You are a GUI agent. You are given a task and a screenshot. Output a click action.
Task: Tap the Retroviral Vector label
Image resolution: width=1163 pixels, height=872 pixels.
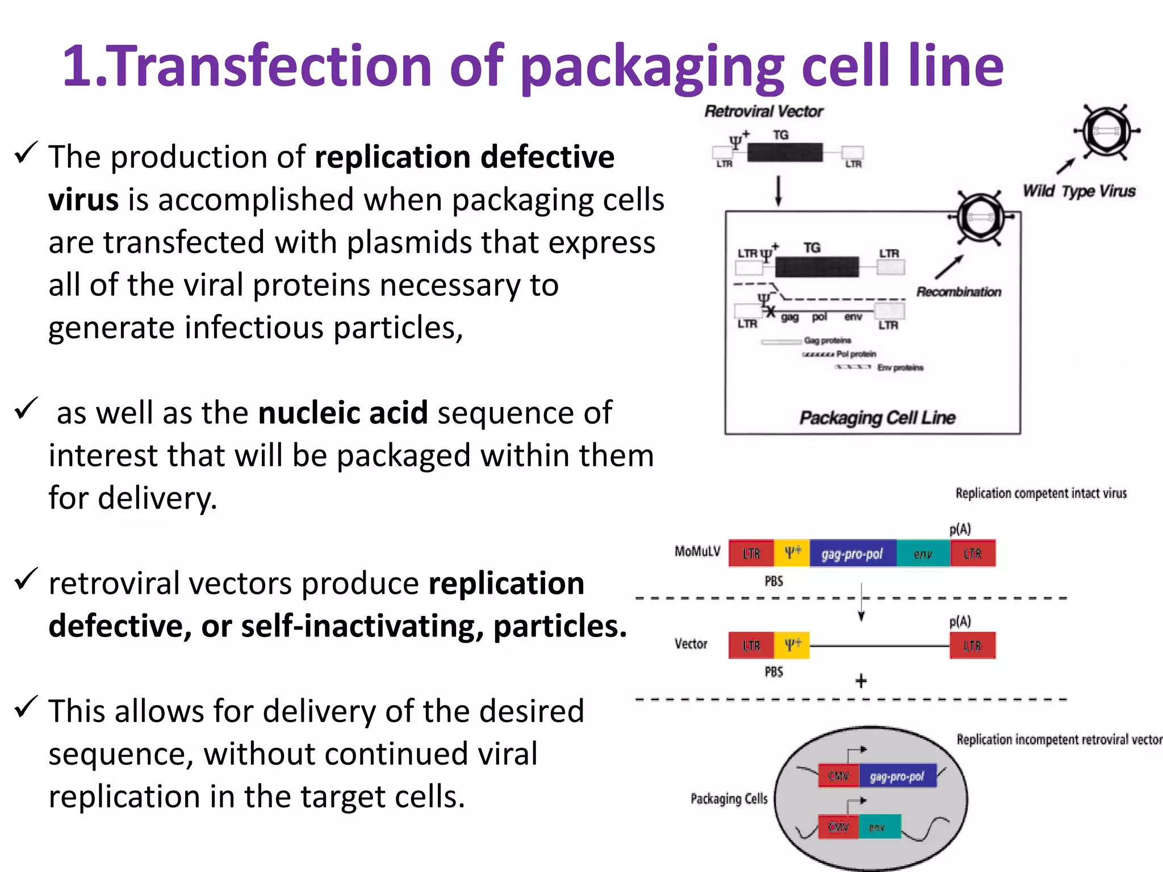point(763,111)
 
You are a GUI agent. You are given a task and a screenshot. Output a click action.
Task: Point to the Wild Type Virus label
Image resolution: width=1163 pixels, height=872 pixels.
point(1079,191)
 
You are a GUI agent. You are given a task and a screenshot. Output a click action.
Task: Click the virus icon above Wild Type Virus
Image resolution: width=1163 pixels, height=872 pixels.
point(1106,132)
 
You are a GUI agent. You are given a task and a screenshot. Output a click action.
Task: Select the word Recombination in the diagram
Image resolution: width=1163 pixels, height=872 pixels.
point(959,292)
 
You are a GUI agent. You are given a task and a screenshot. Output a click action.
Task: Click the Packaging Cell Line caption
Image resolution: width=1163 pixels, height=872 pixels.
point(877,418)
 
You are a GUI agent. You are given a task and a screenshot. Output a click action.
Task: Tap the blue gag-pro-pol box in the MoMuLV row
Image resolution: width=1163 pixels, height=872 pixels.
point(852,554)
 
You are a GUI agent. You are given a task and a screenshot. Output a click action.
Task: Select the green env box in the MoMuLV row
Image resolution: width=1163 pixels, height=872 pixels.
point(923,554)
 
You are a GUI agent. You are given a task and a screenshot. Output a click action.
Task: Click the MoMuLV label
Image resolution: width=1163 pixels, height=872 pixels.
point(697,551)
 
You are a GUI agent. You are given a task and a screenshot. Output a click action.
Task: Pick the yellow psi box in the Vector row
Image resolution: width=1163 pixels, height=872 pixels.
point(792,645)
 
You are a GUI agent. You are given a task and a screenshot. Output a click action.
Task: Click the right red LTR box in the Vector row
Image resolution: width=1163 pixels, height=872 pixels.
point(972,645)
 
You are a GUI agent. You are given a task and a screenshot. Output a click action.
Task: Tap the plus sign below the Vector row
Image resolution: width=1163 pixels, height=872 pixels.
point(861,681)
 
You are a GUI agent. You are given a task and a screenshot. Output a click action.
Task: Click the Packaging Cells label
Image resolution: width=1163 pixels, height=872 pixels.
point(729,799)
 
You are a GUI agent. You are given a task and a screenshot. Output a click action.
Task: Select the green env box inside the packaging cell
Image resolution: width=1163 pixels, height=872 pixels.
point(879,827)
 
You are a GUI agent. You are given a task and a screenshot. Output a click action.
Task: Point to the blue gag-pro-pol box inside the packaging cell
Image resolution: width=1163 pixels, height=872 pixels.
point(897,776)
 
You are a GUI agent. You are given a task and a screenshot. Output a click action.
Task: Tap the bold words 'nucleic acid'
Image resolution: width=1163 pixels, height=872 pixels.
point(343,413)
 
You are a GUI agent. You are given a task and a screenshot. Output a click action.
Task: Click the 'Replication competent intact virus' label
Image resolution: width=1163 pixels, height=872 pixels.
point(1041,493)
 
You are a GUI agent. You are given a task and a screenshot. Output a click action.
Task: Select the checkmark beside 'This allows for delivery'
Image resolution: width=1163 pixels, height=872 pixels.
point(26,707)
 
